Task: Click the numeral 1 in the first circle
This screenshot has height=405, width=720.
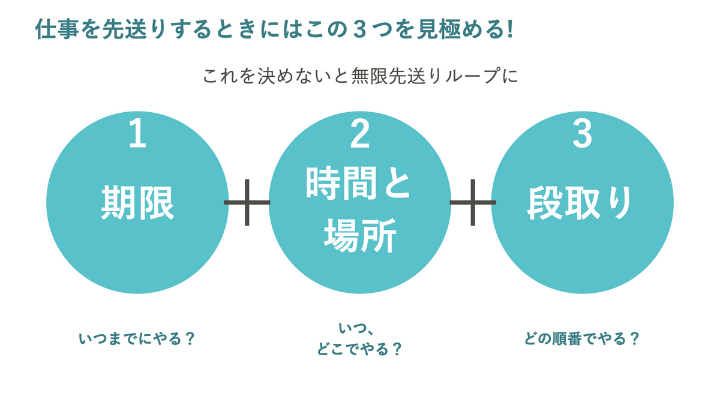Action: click(138, 133)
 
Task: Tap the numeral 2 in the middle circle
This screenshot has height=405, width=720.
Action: click(359, 133)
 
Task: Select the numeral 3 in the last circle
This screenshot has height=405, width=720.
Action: click(582, 133)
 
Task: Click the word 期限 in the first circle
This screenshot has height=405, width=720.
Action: click(137, 203)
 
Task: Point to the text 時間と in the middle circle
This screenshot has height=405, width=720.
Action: click(358, 183)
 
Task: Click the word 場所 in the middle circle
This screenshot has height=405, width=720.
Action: click(360, 236)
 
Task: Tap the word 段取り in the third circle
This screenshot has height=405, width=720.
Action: click(580, 203)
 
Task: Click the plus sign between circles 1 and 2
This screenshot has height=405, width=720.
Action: click(247, 203)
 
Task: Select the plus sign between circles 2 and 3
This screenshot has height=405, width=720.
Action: click(473, 203)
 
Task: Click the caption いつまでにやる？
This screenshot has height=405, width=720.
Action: click(137, 339)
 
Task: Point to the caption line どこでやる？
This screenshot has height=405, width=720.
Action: click(359, 349)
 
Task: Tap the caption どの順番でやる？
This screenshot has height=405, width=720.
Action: click(582, 339)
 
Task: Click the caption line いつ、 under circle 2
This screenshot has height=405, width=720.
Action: click(356, 329)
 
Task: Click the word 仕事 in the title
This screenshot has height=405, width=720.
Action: click(57, 29)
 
